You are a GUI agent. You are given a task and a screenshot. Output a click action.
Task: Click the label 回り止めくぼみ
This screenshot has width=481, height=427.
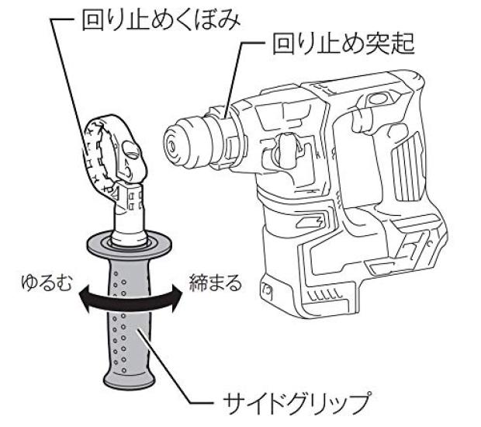click(161, 21)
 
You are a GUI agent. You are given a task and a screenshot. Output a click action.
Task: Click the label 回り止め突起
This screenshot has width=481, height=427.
click(344, 44)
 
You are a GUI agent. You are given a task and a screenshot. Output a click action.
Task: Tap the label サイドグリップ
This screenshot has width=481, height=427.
click(296, 401)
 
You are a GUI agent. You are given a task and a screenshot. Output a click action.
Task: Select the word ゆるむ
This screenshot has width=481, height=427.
click(47, 283)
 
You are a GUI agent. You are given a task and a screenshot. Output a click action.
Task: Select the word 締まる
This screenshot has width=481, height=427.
click(216, 283)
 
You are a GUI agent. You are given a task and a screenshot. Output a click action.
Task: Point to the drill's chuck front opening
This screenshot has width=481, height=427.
click(171, 144)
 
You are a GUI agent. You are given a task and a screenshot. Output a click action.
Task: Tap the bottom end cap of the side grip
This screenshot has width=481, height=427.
click(129, 380)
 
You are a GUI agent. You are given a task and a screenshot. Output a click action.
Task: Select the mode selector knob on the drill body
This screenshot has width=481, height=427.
click(286, 151)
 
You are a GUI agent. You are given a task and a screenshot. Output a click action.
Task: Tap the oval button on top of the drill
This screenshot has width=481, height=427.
click(379, 99)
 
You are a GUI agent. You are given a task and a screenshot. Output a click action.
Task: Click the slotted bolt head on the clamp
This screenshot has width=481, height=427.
click(131, 150)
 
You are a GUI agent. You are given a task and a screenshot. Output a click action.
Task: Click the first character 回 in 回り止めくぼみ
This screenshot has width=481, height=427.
click(93, 21)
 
